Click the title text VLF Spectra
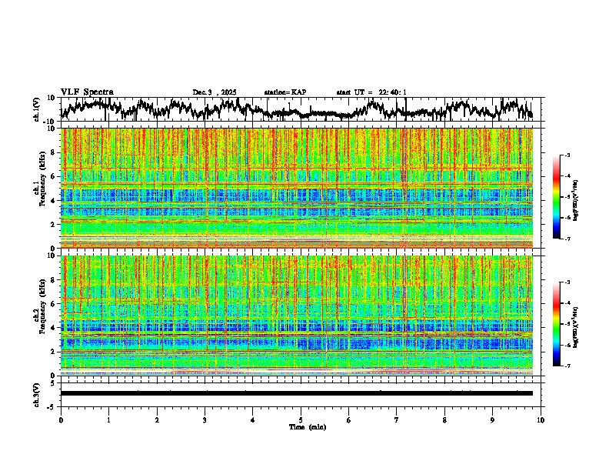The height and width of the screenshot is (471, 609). click(87, 92)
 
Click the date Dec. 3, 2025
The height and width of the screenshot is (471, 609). click(215, 92)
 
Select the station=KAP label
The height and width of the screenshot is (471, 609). click(285, 92)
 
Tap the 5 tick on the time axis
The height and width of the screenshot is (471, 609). click(301, 420)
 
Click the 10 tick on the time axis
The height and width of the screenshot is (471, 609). click(541, 420)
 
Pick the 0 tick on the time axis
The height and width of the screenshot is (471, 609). click(61, 420)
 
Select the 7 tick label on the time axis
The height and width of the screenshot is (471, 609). click(397, 420)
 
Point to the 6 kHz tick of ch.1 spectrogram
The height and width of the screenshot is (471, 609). click(53, 176)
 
